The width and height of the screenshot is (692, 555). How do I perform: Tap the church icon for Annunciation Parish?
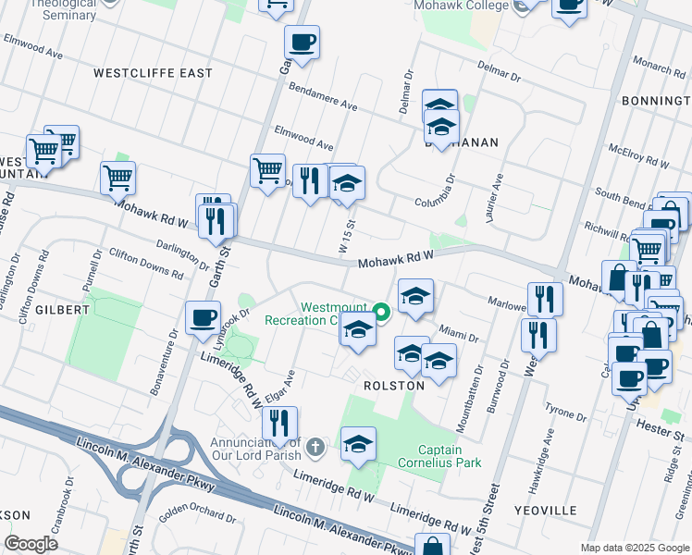pos(315,447)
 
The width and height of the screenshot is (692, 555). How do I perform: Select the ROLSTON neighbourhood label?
pos(394,385)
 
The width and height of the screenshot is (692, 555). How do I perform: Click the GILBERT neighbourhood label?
pos(62,310)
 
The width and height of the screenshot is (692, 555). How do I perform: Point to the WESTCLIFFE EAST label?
pos(154,73)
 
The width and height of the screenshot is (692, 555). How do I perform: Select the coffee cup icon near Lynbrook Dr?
pos(203,318)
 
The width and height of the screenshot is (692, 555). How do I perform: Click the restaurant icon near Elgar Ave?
pos(279,423)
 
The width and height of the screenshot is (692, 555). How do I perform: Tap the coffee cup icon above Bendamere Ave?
pos(303,42)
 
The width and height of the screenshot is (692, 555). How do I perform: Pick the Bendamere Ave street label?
pos(323,96)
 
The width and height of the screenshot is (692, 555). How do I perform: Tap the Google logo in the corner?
pos(31,544)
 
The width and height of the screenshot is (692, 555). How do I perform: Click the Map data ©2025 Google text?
pos(634,548)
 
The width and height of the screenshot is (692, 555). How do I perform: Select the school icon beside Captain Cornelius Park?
pos(358,444)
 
